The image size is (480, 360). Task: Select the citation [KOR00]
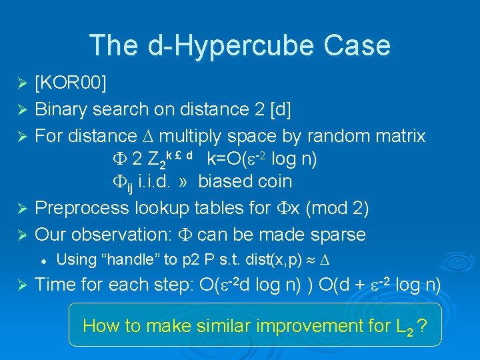[x=71, y=83]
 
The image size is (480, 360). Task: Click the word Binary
[x=61, y=109]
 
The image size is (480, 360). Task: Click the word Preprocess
[x=81, y=208]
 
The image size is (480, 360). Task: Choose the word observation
[x=127, y=235]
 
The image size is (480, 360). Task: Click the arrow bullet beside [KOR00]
[x=21, y=83]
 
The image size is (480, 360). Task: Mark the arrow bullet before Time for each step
[x=21, y=285]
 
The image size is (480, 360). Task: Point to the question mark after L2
[x=421, y=326]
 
